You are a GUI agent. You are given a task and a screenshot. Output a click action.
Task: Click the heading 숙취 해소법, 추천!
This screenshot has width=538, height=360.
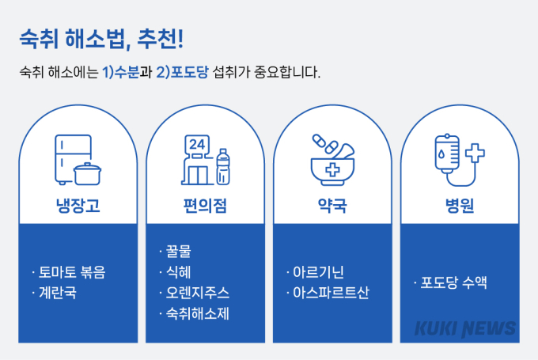point(101,39)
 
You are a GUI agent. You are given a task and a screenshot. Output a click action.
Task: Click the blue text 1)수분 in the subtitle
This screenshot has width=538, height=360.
point(121,72)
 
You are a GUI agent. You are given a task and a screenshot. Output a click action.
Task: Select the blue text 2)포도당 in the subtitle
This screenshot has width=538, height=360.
point(182,72)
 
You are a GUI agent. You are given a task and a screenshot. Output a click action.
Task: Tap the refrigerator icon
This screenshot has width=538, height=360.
point(73,160)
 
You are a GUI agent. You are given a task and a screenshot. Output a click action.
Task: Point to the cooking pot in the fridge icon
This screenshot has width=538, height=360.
point(88,174)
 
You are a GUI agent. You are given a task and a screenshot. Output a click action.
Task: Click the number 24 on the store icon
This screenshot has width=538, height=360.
point(197,145)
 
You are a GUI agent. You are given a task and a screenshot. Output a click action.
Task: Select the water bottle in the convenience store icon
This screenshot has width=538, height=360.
point(223,167)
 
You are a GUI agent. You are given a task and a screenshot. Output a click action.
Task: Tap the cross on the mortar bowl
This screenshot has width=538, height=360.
point(332,170)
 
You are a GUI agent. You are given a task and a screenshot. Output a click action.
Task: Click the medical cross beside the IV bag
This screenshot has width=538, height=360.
point(475,153)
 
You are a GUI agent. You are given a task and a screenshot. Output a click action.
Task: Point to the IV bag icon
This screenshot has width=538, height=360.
point(447,152)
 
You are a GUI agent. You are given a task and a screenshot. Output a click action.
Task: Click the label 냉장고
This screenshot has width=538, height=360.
point(78,206)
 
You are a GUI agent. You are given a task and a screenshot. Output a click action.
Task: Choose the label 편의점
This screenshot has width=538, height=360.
point(205,206)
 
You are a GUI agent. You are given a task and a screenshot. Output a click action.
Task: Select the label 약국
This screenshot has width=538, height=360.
point(332,206)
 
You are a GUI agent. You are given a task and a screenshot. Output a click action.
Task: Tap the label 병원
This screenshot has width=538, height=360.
point(460,206)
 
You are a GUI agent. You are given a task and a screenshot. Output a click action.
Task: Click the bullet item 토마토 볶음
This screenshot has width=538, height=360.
point(72,272)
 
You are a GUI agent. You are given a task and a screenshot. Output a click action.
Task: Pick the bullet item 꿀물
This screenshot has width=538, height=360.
point(179,252)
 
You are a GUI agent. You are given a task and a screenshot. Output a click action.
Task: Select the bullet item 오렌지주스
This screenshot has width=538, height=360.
point(198,293)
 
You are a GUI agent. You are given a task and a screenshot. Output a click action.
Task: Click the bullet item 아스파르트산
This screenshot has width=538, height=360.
point(331,293)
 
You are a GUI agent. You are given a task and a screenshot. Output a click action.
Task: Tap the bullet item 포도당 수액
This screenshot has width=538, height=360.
point(453,282)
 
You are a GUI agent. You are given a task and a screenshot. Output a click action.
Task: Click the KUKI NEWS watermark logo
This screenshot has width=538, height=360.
point(465,329)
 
